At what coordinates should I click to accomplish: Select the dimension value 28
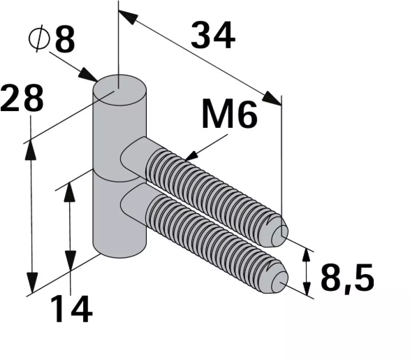pyautogui.click(x=22, y=99)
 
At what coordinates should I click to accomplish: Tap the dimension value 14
pyautogui.click(x=71, y=308)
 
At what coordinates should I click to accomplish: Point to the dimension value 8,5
pyautogui.click(x=347, y=279)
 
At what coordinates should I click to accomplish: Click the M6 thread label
pyautogui.click(x=229, y=115)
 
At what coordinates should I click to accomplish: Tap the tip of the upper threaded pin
pyautogui.click(x=282, y=233)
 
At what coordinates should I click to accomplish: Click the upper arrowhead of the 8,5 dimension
pyautogui.click(x=306, y=253)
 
